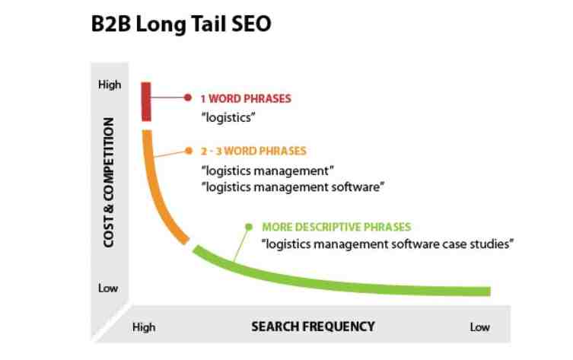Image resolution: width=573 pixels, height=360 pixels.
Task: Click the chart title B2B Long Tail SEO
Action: click(x=181, y=24)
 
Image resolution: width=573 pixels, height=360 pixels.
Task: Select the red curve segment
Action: click(x=146, y=101)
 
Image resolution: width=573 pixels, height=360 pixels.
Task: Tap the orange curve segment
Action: click(x=157, y=190)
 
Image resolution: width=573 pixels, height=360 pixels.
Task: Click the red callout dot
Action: click(x=188, y=97)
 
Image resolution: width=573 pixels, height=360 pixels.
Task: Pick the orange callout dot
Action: click(x=189, y=151)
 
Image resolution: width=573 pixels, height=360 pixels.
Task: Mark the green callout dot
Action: click(x=249, y=227)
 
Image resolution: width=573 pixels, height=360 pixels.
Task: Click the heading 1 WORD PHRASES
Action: click(x=246, y=99)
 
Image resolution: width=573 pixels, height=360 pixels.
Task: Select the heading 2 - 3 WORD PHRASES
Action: click(x=253, y=151)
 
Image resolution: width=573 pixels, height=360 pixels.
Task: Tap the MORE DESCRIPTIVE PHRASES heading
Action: click(x=336, y=227)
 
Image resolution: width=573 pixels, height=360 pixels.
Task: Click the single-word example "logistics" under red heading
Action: click(x=228, y=118)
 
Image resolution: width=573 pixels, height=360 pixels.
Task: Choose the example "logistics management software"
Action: click(x=293, y=187)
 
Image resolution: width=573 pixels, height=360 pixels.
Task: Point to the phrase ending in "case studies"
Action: click(x=388, y=244)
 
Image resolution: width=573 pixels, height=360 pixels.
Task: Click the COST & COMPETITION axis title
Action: click(x=109, y=183)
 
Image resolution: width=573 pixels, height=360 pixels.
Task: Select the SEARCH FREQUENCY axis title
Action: click(x=314, y=327)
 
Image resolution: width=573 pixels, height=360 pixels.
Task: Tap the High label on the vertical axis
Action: click(x=110, y=84)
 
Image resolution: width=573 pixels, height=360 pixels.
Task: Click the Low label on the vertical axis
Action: click(x=108, y=288)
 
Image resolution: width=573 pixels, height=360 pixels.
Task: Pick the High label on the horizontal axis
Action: click(x=144, y=327)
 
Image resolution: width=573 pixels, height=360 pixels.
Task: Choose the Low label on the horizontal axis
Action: click(x=480, y=327)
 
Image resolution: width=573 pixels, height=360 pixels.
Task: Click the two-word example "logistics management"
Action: click(x=268, y=170)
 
